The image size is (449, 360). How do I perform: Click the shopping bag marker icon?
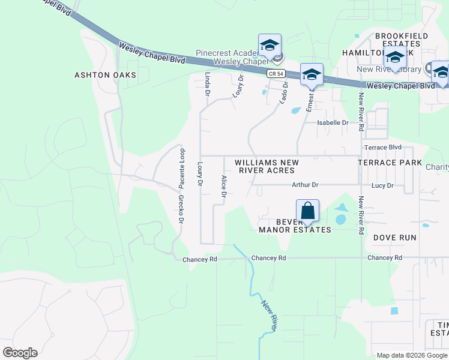click(x=307, y=211)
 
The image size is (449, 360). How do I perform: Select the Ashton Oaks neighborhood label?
click(x=105, y=75)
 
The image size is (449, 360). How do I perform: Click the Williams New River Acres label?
click(x=267, y=166)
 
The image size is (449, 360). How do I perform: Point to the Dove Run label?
click(x=394, y=238)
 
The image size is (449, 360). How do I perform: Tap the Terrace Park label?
click(x=390, y=163)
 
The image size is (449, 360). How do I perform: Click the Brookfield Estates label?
click(x=402, y=40)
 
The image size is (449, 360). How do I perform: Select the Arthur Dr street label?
click(x=305, y=185)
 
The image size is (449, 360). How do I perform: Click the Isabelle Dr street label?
click(x=333, y=123)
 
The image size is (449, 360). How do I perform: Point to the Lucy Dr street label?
click(x=382, y=185)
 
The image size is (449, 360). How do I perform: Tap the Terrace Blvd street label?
click(x=382, y=148)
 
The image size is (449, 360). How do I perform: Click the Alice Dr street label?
click(x=223, y=186)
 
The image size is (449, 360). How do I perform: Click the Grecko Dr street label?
click(x=180, y=208)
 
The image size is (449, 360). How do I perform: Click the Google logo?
click(x=20, y=353)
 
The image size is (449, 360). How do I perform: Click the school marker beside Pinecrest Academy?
click(x=270, y=46)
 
